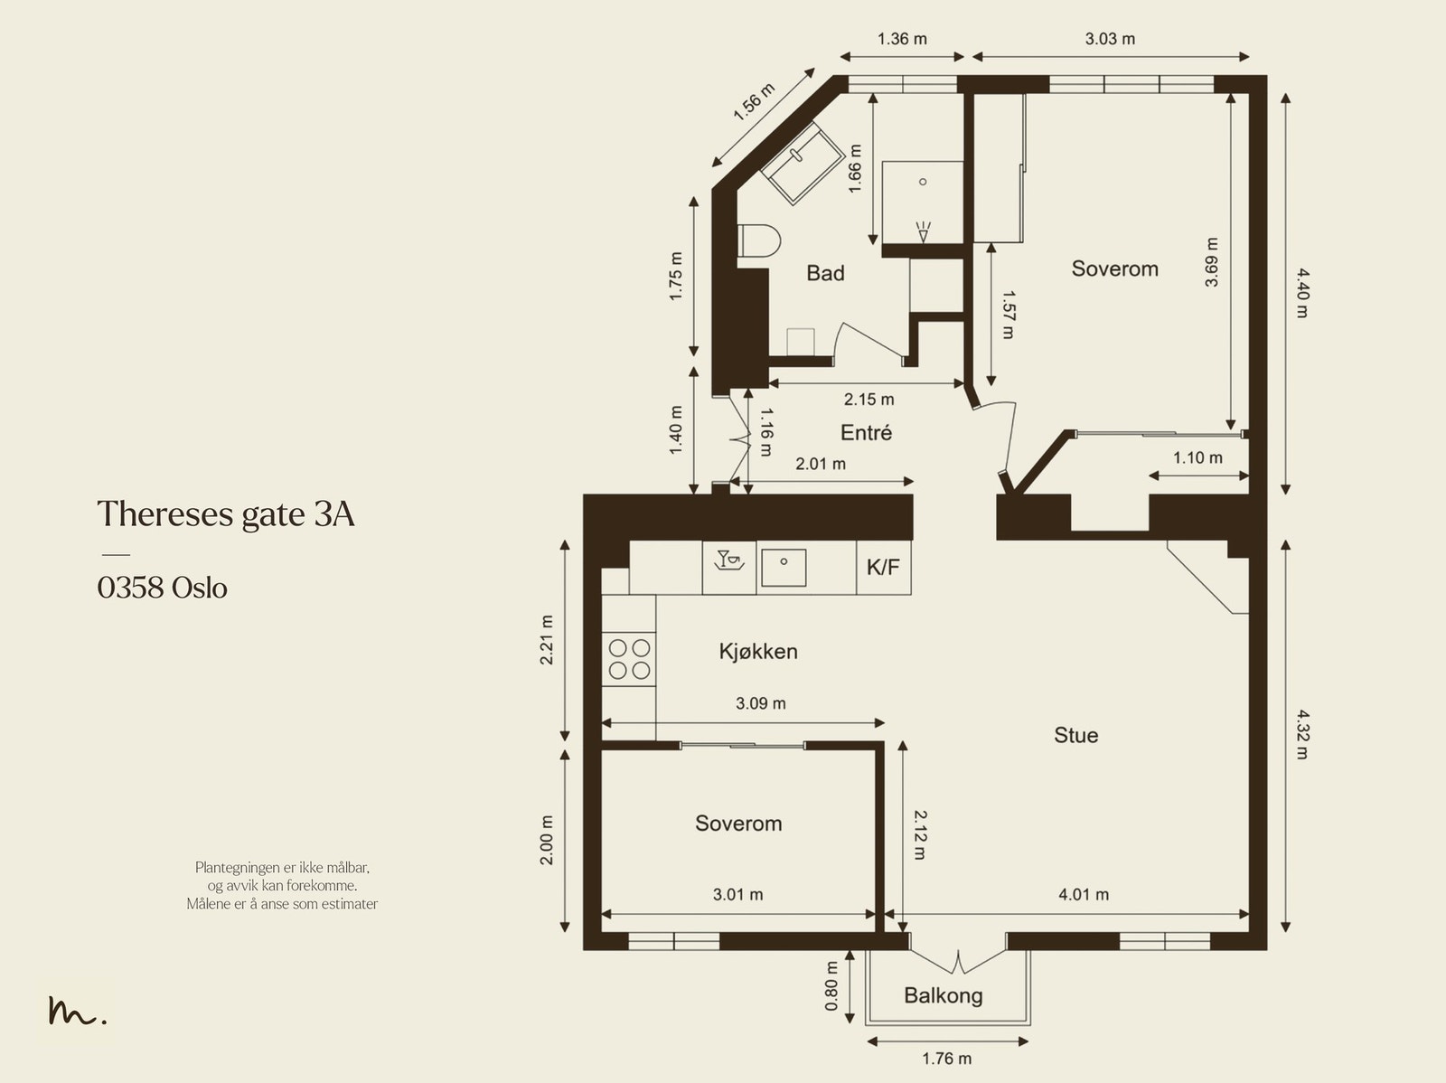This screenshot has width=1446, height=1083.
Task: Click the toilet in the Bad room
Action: pyautogui.click(x=759, y=242)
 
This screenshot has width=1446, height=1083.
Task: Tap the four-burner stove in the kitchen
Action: pyautogui.click(x=629, y=658)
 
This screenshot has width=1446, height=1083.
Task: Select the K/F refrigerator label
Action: pyautogui.click(x=883, y=568)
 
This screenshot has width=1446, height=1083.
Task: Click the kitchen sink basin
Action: pyautogui.click(x=784, y=567)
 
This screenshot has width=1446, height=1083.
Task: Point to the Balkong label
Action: pyautogui.click(x=943, y=996)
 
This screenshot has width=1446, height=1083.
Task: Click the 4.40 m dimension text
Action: pyautogui.click(x=1301, y=291)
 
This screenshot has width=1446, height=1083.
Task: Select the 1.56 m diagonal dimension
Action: pyautogui.click(x=753, y=102)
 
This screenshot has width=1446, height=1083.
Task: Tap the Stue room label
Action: pyautogui.click(x=1075, y=735)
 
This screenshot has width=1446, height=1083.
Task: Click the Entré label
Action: pyautogui.click(x=866, y=433)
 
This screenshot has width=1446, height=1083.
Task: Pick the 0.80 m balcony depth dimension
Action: pyautogui.click(x=831, y=985)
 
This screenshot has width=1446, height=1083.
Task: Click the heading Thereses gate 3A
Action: pyautogui.click(x=226, y=513)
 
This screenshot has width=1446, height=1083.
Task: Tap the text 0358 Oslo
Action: pyautogui.click(x=163, y=589)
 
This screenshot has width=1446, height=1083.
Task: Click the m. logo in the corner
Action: pyautogui.click(x=77, y=1012)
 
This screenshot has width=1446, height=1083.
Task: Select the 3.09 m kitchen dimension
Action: pyautogui.click(x=760, y=703)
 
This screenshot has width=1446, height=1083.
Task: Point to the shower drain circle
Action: pyautogui.click(x=923, y=182)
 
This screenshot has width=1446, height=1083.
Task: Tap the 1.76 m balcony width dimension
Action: pyautogui.click(x=946, y=1059)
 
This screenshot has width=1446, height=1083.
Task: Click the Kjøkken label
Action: pyautogui.click(x=758, y=652)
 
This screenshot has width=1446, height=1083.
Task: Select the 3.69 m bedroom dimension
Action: pyautogui.click(x=1212, y=262)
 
